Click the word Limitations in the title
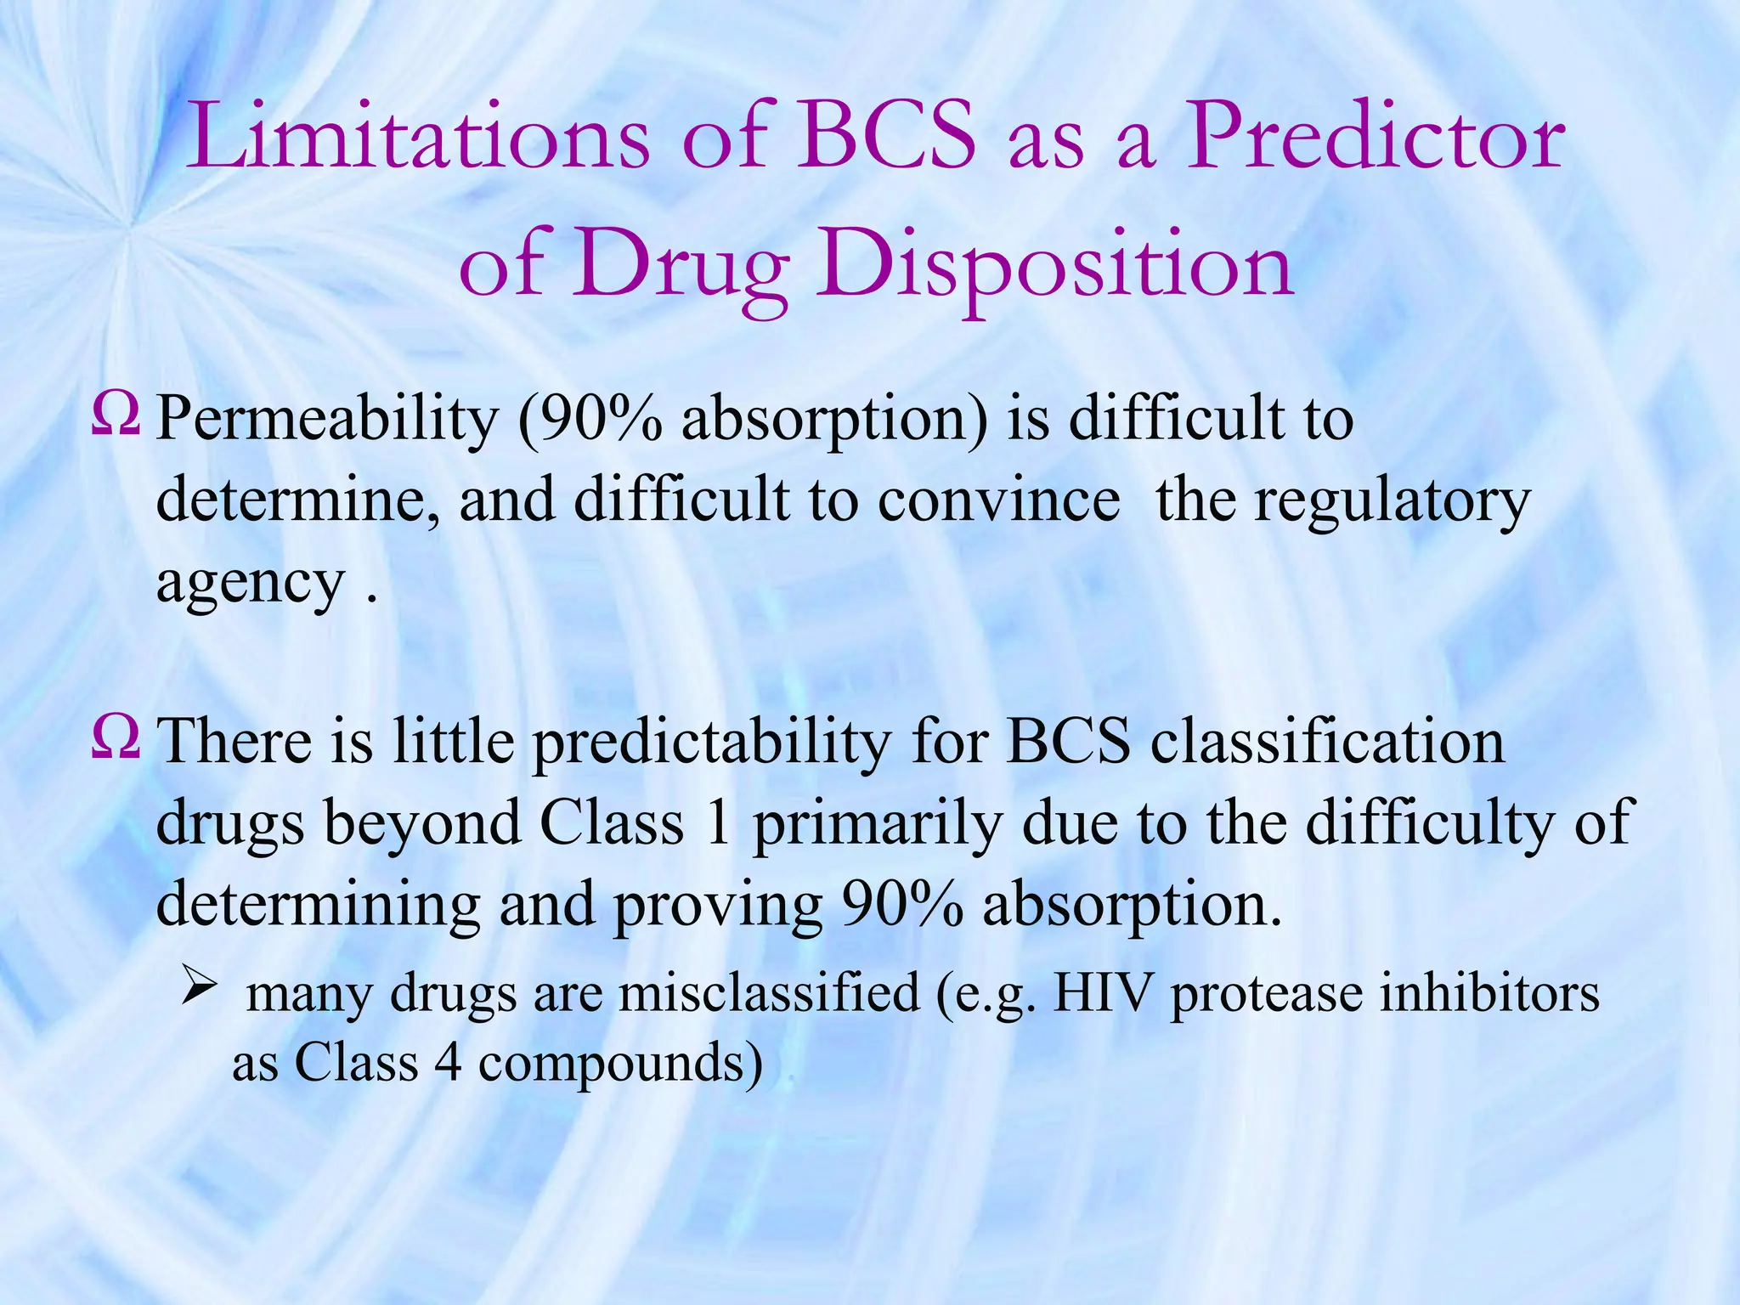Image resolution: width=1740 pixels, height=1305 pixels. pyautogui.click(x=419, y=136)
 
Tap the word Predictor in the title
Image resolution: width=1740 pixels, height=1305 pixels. pyautogui.click(x=1374, y=136)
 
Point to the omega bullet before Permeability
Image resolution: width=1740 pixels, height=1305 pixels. pyautogui.click(x=115, y=417)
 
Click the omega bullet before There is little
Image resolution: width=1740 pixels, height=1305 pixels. pyautogui.click(x=115, y=738)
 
